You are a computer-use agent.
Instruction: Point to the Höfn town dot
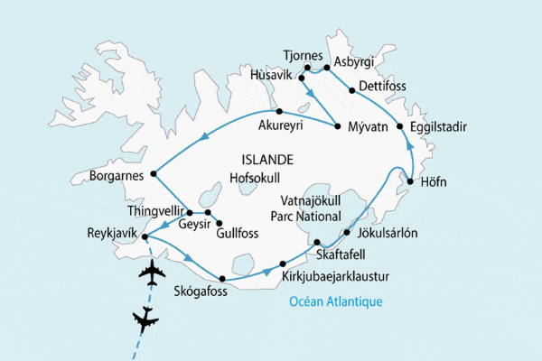click(410, 183)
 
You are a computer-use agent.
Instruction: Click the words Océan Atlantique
click(335, 301)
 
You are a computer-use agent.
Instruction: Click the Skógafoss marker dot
click(221, 280)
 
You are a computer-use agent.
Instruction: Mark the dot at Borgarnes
click(154, 172)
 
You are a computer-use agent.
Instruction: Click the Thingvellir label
click(156, 211)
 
